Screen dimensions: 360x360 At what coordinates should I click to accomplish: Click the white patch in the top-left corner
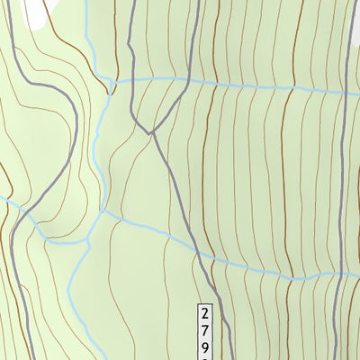click(x=33, y=11)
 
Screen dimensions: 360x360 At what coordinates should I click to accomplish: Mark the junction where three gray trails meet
click(x=150, y=134)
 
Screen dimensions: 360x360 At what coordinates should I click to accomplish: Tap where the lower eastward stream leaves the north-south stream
click(x=102, y=213)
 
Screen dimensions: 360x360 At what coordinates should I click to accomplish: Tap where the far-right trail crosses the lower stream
click(x=335, y=275)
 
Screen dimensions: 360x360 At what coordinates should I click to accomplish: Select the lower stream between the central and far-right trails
click(x=270, y=273)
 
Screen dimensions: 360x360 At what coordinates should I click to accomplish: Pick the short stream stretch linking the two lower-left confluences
click(x=95, y=226)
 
